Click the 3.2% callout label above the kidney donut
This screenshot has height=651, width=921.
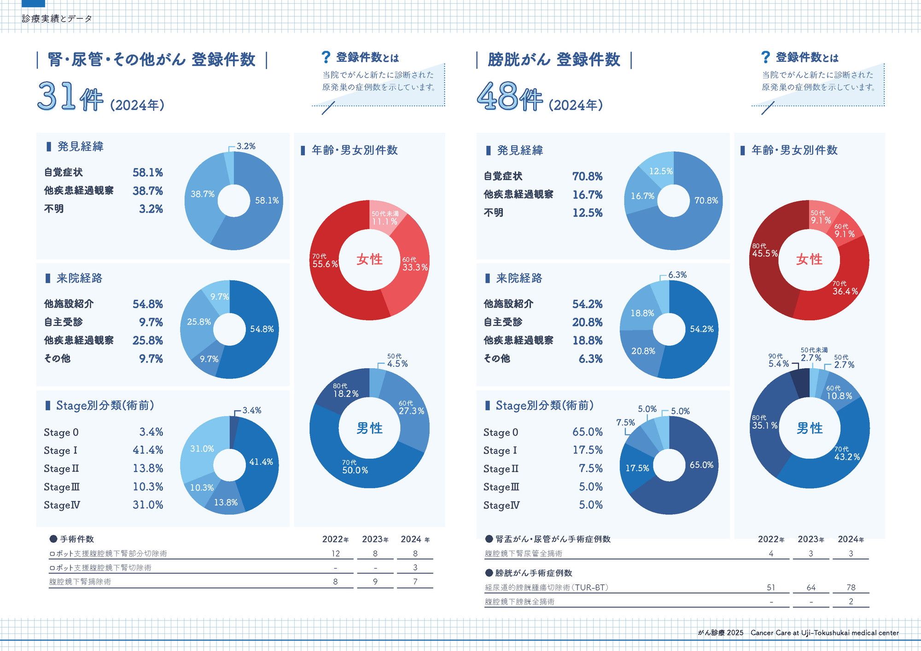245,146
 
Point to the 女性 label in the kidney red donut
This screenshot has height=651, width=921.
369,259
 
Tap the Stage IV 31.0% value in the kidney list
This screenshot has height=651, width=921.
148,505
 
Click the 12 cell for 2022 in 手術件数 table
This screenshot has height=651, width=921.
335,554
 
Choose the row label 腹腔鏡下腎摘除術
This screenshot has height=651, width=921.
80,582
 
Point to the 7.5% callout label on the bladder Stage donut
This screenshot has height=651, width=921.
625,423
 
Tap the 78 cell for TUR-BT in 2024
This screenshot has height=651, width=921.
851,587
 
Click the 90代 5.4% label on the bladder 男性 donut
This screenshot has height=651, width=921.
778,361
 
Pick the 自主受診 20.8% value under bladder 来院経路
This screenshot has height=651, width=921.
587,322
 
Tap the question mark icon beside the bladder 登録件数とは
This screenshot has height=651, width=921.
765,58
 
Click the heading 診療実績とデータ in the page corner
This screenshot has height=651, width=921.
57,19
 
